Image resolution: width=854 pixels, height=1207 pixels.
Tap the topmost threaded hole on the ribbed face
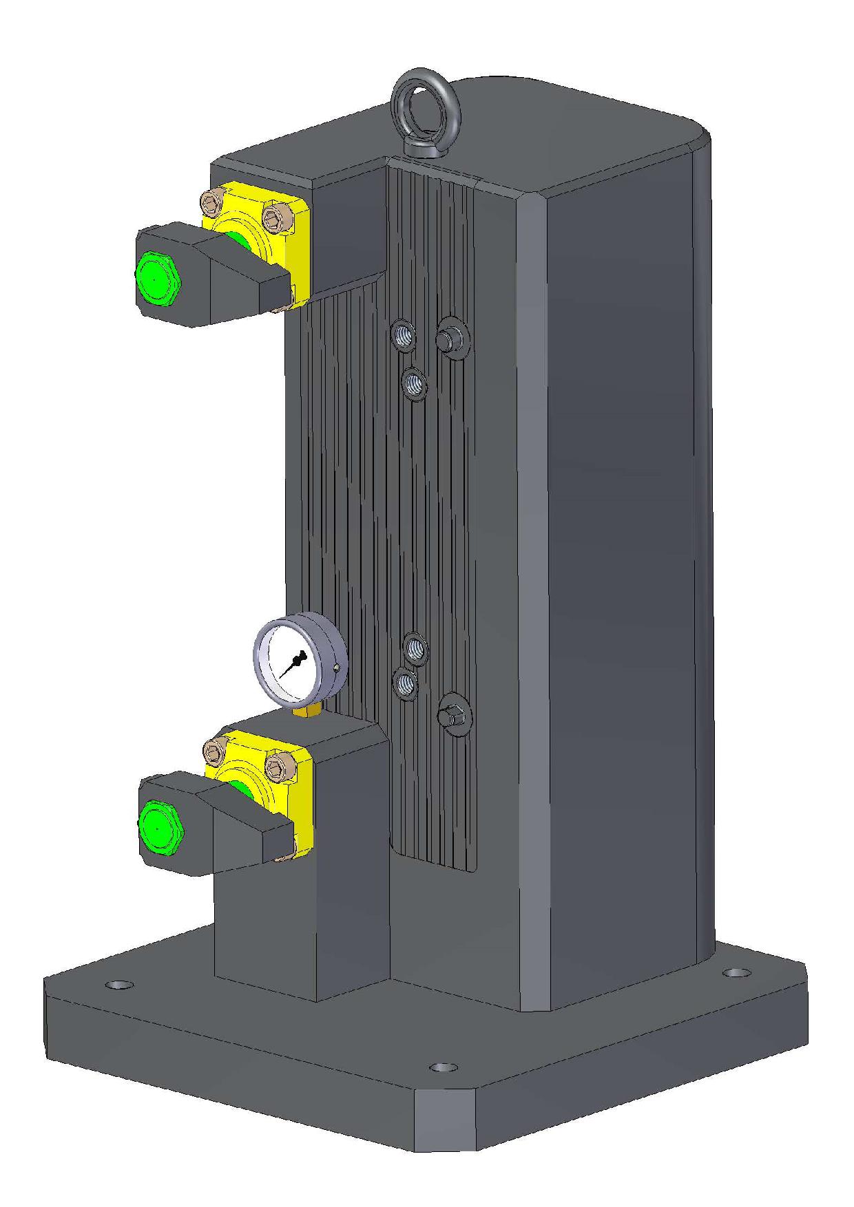pos(404,336)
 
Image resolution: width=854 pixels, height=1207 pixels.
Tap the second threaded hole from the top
pos(414,384)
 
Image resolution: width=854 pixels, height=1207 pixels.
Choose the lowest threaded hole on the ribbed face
pos(406,684)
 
